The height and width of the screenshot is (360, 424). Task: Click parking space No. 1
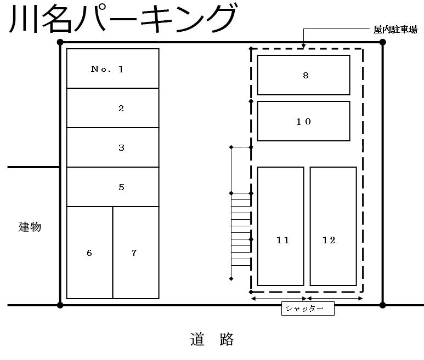(112, 68)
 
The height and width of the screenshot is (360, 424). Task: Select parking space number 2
(112, 108)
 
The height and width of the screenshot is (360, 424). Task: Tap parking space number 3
(112, 147)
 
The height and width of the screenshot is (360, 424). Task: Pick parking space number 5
(112, 187)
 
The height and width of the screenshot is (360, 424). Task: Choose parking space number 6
(89, 253)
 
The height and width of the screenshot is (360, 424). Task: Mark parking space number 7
(135, 253)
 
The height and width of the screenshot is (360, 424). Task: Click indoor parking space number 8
(303, 75)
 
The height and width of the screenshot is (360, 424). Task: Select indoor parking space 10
(303, 121)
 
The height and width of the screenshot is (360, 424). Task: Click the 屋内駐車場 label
(395, 30)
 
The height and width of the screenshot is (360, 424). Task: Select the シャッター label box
(308, 309)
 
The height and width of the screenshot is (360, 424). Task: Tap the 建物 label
(30, 227)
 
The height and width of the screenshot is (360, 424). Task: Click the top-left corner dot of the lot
(60, 42)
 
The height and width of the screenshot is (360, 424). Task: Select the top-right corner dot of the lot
(383, 42)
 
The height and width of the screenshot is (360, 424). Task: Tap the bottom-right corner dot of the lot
(383, 305)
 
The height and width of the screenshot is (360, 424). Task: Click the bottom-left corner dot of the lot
(60, 305)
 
